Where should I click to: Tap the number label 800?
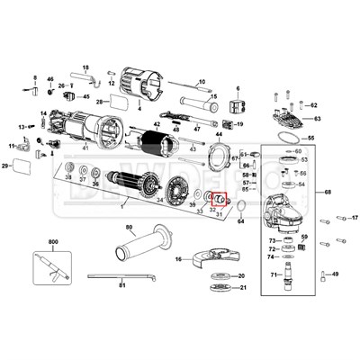pos(53,243)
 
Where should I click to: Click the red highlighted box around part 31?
pos(217,200)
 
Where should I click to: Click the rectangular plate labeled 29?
pos(19,166)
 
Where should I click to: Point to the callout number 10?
pos(202,82)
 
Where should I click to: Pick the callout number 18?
pos(85,67)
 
